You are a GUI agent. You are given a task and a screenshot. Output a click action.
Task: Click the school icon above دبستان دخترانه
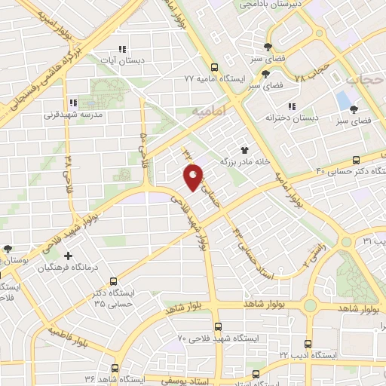point(293,106)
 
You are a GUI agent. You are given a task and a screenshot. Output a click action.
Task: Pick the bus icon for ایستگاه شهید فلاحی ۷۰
point(218,326)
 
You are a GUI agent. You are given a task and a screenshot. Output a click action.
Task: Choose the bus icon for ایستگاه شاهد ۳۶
point(115,368)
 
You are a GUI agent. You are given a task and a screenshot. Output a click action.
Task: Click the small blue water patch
point(344,98)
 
